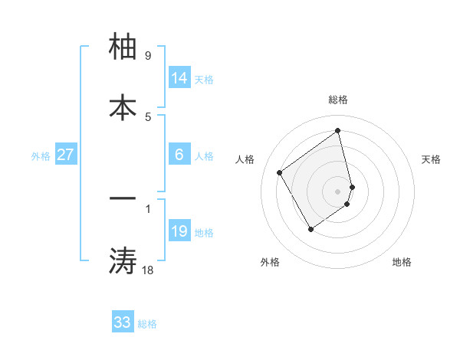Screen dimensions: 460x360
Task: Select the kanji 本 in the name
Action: click(123, 106)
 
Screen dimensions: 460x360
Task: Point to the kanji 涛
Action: click(123, 260)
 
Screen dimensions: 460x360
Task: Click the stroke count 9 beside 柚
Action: click(147, 56)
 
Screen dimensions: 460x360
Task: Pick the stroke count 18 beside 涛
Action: click(147, 269)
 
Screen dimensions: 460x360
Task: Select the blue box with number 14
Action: click(179, 78)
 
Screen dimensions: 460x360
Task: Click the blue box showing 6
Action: click(179, 155)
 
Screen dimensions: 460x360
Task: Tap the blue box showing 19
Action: click(179, 231)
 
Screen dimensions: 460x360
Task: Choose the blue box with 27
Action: click(65, 155)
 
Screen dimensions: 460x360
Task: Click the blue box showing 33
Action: click(122, 322)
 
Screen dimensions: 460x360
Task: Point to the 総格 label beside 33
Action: click(147, 324)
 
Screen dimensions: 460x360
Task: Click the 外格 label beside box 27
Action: click(41, 156)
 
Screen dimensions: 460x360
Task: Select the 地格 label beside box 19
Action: click(204, 233)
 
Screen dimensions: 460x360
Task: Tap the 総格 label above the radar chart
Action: click(337, 100)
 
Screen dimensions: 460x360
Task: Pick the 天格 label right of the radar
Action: click(431, 159)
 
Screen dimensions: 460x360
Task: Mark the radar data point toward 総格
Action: click(338, 131)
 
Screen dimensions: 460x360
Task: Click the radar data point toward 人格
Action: click(280, 173)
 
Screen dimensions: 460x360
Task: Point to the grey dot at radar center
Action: click(338, 190)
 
